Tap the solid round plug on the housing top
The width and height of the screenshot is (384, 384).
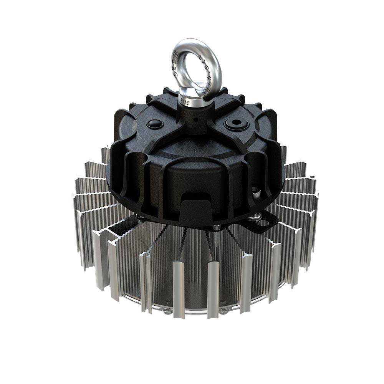coord(155,124)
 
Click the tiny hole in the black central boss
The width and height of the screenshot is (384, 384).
coord(196,120)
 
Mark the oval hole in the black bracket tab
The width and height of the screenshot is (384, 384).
coord(264,222)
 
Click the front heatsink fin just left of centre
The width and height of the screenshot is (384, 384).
coord(179,288)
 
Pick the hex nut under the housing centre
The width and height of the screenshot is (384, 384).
coord(217,228)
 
